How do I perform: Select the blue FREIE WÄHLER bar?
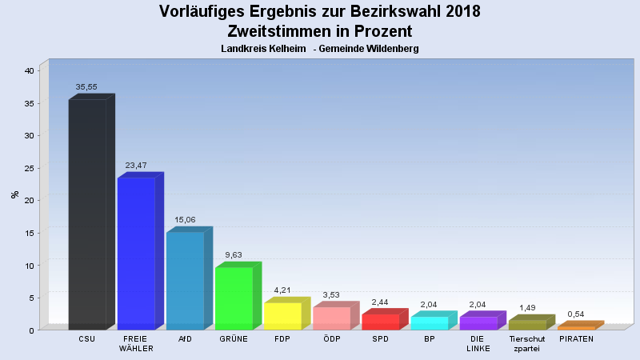(x=136, y=254)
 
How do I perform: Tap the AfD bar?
(x=185, y=281)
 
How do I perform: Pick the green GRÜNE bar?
(x=234, y=298)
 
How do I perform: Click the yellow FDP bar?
(x=282, y=316)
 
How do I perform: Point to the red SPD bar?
(x=380, y=322)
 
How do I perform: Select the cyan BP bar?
(x=430, y=323)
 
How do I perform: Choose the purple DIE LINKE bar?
(x=478, y=323)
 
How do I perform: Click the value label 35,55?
(x=86, y=87)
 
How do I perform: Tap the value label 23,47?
(x=136, y=166)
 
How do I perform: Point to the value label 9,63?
(x=234, y=255)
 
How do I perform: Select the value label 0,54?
(x=577, y=314)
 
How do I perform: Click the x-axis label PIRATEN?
(x=576, y=339)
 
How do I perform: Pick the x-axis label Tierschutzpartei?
(x=527, y=344)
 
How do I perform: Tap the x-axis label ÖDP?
(x=331, y=339)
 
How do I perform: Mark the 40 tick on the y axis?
(x=28, y=70)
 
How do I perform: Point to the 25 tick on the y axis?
(x=28, y=168)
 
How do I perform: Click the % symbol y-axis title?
(x=14, y=194)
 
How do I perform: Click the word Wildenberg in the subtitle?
(x=389, y=49)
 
